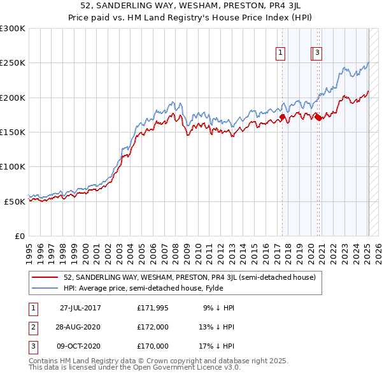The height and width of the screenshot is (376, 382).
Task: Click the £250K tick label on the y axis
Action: coord(13,63)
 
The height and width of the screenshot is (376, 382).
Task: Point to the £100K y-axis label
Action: coord(13,166)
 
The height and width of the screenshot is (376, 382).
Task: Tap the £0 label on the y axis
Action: coord(19,236)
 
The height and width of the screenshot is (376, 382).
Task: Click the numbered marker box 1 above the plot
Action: coord(281,54)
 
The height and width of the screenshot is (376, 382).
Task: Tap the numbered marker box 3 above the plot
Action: coord(317,54)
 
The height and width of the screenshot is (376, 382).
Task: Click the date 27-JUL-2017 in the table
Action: coord(80,308)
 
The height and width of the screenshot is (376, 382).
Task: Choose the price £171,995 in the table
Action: coord(153,308)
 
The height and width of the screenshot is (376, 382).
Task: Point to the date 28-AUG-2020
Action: coord(80,327)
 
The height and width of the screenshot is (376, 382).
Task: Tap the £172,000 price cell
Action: coord(153,327)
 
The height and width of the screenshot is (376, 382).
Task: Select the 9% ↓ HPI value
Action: coord(219,308)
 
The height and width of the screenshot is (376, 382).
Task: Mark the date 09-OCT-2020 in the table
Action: coord(80,346)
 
